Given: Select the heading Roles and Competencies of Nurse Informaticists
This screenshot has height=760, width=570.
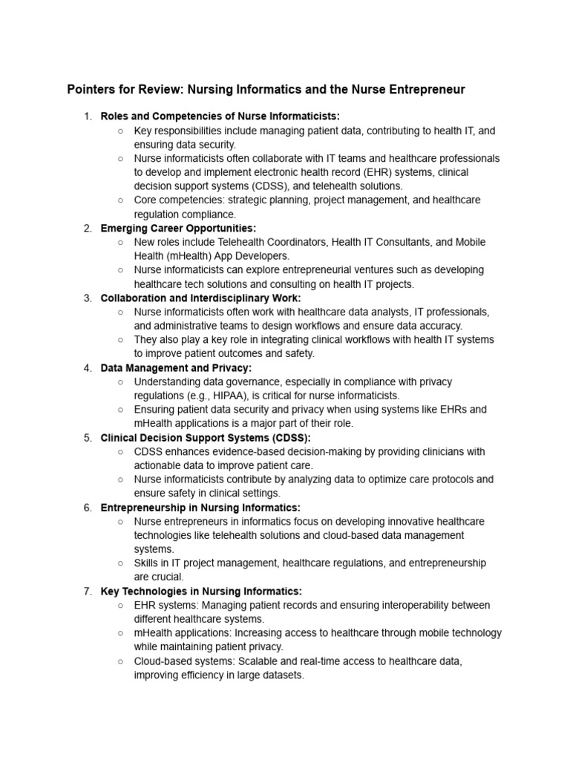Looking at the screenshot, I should (x=220, y=117).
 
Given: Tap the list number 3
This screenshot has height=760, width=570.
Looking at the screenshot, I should (x=87, y=298).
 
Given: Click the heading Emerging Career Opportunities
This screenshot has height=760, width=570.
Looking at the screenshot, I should (x=178, y=228).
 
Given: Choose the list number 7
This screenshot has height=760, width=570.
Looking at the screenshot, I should (x=87, y=591).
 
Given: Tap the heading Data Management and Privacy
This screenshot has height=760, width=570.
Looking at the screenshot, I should (x=177, y=367).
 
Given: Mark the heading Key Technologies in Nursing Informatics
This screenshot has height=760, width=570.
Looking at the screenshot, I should (x=201, y=591).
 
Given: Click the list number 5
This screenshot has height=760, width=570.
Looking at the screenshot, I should (x=87, y=437).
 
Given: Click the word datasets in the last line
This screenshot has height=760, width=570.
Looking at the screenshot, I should (x=281, y=675).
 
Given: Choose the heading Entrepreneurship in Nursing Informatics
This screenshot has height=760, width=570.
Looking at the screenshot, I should (x=200, y=507).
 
